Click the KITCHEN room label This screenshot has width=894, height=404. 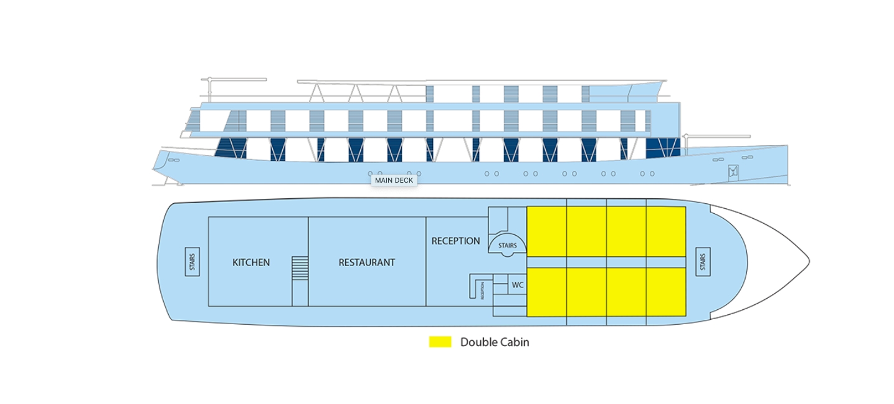[251, 262]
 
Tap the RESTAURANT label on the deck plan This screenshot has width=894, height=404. [366, 262]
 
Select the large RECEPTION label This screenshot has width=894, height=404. [455, 241]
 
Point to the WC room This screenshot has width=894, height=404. [518, 285]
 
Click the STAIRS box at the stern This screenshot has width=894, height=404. [192, 262]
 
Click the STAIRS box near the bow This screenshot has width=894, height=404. [703, 262]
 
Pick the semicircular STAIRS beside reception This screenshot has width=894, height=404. [508, 244]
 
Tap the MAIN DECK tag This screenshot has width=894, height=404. [394, 180]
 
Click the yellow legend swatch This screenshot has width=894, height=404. [440, 342]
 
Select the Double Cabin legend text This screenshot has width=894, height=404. [495, 342]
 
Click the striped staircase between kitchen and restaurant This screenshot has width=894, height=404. [300, 269]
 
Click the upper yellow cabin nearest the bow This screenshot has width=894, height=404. [665, 231]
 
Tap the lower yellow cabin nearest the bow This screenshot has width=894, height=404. [665, 291]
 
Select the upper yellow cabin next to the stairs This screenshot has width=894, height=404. [546, 231]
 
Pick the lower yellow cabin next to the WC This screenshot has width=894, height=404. [546, 291]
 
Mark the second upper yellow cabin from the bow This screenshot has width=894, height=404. [626, 231]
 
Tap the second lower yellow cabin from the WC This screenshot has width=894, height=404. [586, 291]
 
